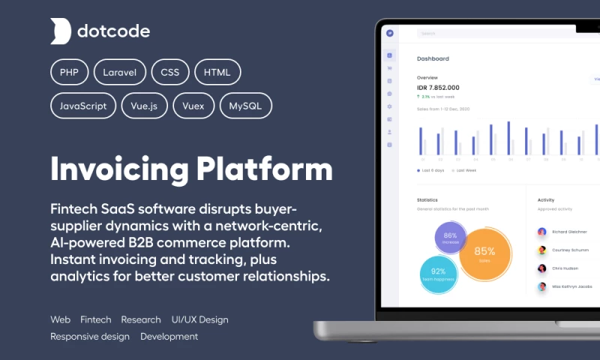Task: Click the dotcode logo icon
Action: (x=61, y=31)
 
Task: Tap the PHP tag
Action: (x=70, y=72)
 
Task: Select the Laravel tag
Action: (x=120, y=72)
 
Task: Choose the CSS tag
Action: (x=170, y=72)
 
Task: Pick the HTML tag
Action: (x=217, y=72)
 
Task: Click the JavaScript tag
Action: (x=83, y=106)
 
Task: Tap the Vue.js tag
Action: (x=144, y=106)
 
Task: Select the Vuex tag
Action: (x=193, y=106)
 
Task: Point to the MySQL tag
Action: (x=246, y=106)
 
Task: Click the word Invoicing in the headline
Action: (x=118, y=168)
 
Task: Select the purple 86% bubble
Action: (x=450, y=238)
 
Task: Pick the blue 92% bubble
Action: (x=439, y=274)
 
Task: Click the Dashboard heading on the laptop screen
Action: (x=433, y=58)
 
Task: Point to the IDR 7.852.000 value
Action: (x=438, y=88)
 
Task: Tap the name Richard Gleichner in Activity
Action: (x=570, y=232)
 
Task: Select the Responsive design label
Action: (x=90, y=337)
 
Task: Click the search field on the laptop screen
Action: (x=487, y=34)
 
